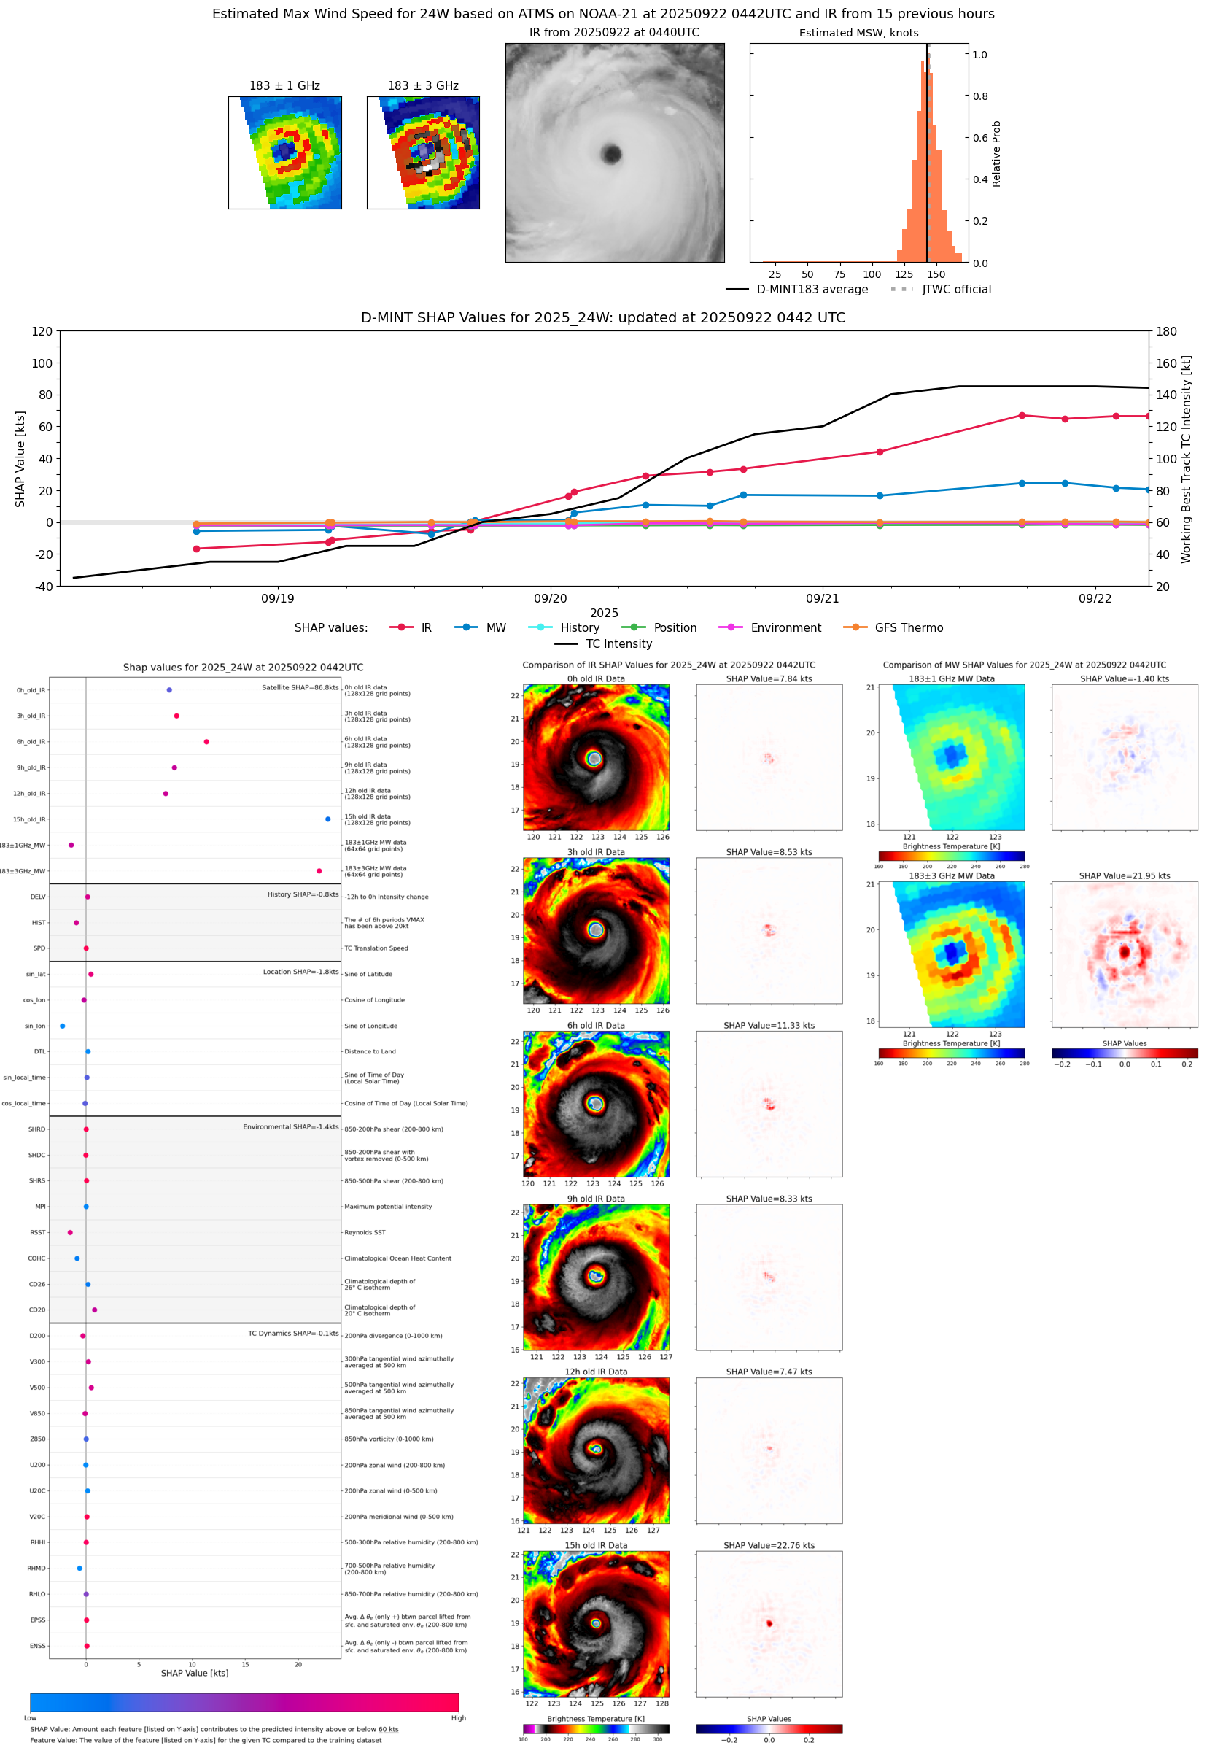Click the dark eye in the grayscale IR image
[611, 155]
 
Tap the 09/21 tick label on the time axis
[822, 598]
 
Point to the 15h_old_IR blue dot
[327, 819]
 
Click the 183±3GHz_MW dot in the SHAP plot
[319, 870]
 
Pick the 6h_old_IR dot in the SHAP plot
[206, 741]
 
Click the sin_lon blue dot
[62, 1026]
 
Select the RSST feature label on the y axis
[38, 1232]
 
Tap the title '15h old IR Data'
[596, 1545]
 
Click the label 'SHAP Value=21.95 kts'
[1124, 876]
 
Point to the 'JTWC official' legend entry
[956, 289]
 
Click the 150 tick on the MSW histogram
[936, 274]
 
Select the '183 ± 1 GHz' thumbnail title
[284, 86]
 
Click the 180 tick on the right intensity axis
[1166, 331]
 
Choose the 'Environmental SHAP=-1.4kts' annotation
[290, 1126]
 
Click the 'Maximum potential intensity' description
[388, 1207]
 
